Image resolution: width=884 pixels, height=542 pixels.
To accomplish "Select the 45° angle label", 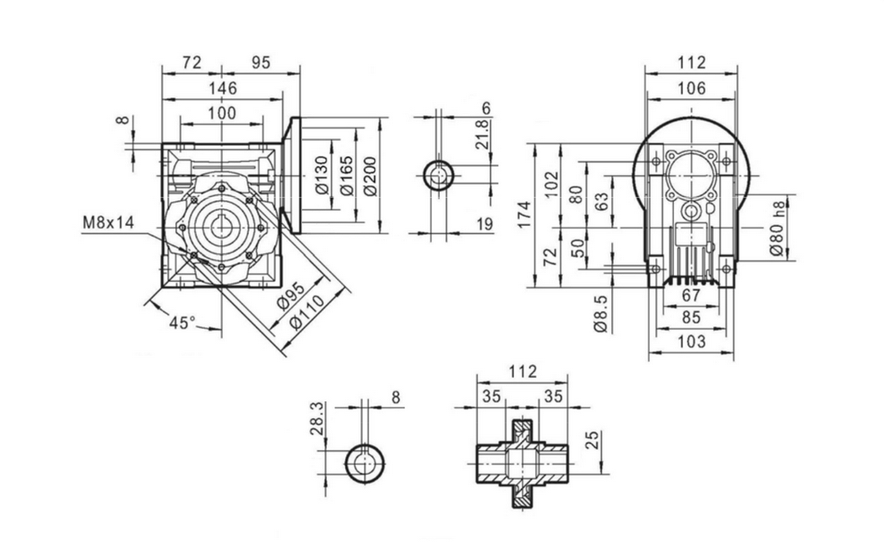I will click(182, 323).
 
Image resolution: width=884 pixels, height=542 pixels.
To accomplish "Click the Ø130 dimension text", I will click(322, 178).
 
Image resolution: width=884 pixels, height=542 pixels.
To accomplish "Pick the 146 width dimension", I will click(222, 88).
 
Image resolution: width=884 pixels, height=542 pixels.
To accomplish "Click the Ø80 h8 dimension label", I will click(777, 228).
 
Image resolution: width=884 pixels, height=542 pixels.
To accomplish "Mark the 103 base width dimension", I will click(691, 341).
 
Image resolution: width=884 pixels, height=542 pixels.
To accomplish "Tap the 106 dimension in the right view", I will click(691, 88).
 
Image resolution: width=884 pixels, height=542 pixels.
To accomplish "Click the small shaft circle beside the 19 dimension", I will click(438, 176).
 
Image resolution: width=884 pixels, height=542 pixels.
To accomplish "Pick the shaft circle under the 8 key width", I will click(364, 462).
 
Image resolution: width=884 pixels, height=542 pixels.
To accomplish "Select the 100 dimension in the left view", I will click(222, 113).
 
